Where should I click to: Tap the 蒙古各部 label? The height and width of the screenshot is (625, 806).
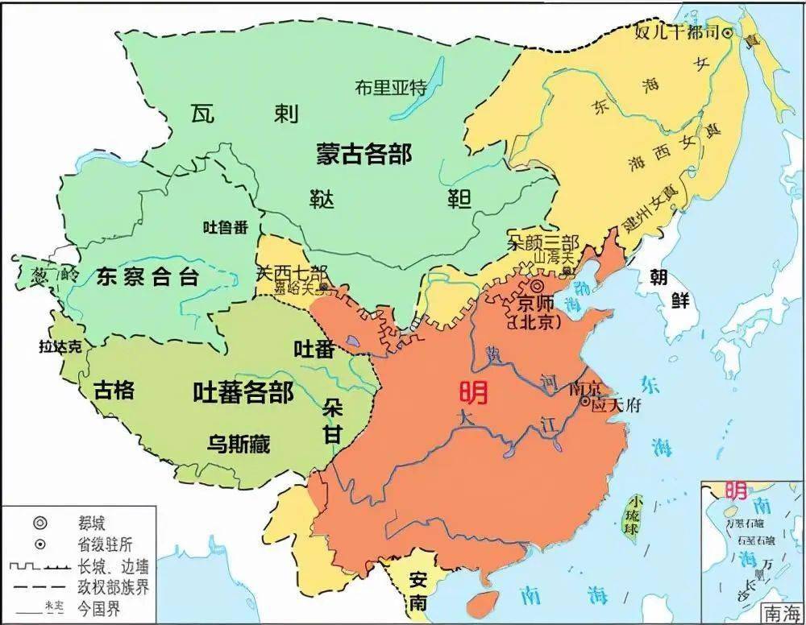click(x=364, y=155)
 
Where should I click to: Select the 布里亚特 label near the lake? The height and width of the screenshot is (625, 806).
click(x=390, y=89)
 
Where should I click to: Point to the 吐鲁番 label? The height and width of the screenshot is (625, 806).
click(x=225, y=227)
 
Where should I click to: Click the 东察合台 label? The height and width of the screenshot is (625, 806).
click(x=147, y=278)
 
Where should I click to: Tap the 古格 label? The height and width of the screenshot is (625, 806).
click(x=114, y=391)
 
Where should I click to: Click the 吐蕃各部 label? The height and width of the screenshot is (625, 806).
click(x=243, y=392)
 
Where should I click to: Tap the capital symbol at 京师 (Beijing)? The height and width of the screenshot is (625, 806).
click(x=536, y=286)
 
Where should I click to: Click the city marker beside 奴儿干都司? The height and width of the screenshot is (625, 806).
click(x=727, y=33)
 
